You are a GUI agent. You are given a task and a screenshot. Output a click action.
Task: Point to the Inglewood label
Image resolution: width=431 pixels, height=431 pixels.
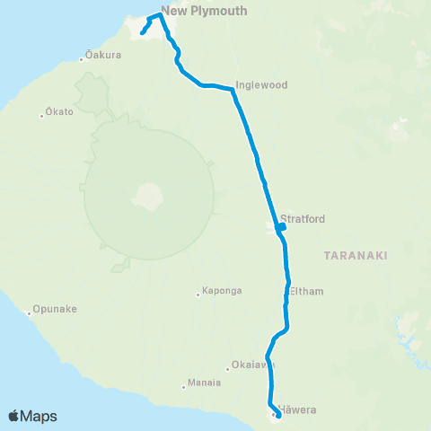click(x=260, y=85)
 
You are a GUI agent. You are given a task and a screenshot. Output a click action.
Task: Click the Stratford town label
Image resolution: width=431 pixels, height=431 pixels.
click(x=302, y=218)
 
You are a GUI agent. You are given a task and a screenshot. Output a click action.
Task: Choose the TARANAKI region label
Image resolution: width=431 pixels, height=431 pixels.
click(x=355, y=256)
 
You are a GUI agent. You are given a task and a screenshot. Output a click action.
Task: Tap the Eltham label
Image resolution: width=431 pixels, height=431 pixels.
click(x=306, y=292)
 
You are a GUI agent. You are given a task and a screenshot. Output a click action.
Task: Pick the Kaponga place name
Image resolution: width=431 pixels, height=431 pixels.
click(x=220, y=292)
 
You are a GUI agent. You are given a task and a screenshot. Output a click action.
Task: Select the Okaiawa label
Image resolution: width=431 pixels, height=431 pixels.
click(x=249, y=365)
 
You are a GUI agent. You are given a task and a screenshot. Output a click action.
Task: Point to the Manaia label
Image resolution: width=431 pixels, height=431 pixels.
click(x=205, y=383)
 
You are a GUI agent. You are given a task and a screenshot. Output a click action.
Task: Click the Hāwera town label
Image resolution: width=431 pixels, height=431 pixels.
click(x=299, y=410)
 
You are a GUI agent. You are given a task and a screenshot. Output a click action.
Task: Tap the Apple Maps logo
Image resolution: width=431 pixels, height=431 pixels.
click(x=32, y=416)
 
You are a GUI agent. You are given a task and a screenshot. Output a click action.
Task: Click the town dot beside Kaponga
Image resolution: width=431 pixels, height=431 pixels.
click(x=198, y=294)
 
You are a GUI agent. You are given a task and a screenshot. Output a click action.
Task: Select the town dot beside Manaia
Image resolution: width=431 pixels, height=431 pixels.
click(x=182, y=383)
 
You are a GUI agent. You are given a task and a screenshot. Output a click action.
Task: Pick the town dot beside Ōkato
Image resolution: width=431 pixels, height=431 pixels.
click(x=42, y=114)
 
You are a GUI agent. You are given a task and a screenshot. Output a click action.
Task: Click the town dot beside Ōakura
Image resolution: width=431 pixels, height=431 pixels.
click(x=82, y=59)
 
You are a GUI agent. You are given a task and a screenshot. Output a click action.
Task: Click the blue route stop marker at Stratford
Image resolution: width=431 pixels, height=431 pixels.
click(x=282, y=227)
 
